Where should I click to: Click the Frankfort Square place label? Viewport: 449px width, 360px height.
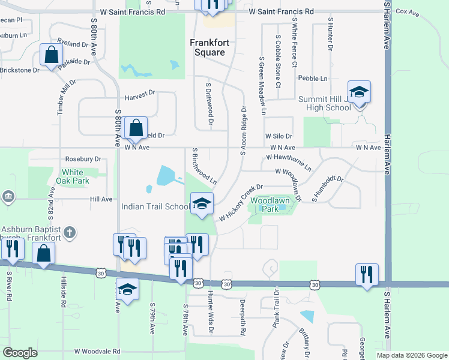[207, 47]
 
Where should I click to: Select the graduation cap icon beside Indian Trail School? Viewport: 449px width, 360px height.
[202, 204]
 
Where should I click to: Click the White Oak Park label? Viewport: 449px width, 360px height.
[73, 176]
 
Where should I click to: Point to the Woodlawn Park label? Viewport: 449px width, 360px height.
[268, 205]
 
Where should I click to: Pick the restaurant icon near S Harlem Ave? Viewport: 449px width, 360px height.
[366, 275]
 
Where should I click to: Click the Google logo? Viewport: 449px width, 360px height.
[20, 352]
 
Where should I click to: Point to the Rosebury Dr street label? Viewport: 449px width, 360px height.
[83, 159]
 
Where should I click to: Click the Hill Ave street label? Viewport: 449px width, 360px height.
[101, 199]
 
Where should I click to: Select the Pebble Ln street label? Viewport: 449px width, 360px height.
[313, 79]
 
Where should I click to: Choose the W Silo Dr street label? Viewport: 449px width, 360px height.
[278, 137]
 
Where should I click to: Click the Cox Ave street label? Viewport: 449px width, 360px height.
[408, 11]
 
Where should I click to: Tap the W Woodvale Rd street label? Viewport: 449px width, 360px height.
[97, 352]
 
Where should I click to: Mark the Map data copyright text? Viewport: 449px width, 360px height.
[412, 355]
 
